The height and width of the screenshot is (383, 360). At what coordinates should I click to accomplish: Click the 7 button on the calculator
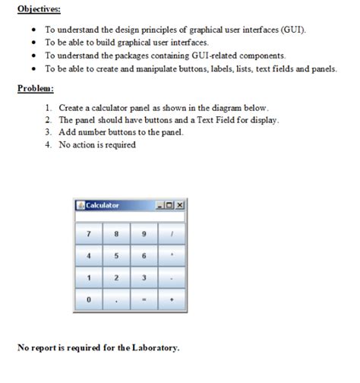click(89, 233)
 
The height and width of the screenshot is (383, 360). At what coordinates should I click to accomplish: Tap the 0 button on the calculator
click(89, 299)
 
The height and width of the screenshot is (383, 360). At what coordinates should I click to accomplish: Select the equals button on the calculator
click(144, 299)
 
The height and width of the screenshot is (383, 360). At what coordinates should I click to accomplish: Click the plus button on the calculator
click(172, 299)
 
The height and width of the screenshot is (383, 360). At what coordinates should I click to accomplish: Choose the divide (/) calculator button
click(172, 233)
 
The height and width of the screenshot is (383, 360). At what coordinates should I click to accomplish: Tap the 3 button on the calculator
click(144, 277)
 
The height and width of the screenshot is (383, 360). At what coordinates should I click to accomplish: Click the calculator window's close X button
click(180, 206)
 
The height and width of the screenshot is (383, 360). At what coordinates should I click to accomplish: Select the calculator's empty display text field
click(130, 217)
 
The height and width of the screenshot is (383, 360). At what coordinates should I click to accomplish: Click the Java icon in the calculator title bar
click(80, 206)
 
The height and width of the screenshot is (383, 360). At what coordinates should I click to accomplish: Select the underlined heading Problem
click(36, 89)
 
